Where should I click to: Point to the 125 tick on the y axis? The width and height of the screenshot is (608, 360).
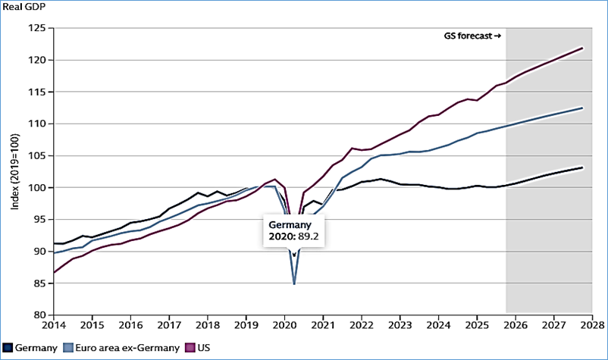coord(36,28)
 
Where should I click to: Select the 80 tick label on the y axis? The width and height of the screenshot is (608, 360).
coord(39,315)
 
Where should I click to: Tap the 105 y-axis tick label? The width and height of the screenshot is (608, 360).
coord(36,155)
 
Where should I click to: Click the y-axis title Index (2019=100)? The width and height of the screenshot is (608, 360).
coord(13,171)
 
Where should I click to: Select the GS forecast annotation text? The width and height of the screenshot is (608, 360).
coord(472,36)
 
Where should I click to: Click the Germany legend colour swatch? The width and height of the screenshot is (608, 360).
coord(6,348)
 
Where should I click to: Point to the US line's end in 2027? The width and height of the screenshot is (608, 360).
coord(581,49)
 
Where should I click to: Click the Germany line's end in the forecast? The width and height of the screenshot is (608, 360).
coord(581,167)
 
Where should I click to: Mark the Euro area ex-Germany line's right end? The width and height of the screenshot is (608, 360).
coord(581,108)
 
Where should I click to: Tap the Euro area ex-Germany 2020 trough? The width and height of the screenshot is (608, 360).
coord(294,283)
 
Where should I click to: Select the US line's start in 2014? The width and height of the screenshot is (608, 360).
coord(53,272)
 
